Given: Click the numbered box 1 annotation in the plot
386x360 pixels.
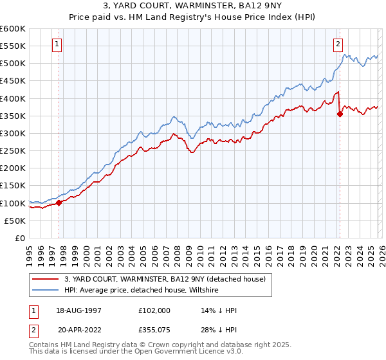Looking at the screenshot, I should point(58,44).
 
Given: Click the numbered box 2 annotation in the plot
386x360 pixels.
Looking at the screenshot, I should point(338,44).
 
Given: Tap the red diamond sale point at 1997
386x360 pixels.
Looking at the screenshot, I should point(59,203).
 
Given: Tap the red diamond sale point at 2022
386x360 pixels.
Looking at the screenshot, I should point(340,114).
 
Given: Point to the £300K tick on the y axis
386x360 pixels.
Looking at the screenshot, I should point(13,134).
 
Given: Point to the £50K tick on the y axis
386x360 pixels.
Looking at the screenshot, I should point(15,221).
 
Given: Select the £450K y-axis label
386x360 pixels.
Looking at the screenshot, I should point(13,81).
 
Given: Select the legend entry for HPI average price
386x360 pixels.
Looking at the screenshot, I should point(142,290).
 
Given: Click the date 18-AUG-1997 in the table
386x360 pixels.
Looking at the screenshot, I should point(79,310).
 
